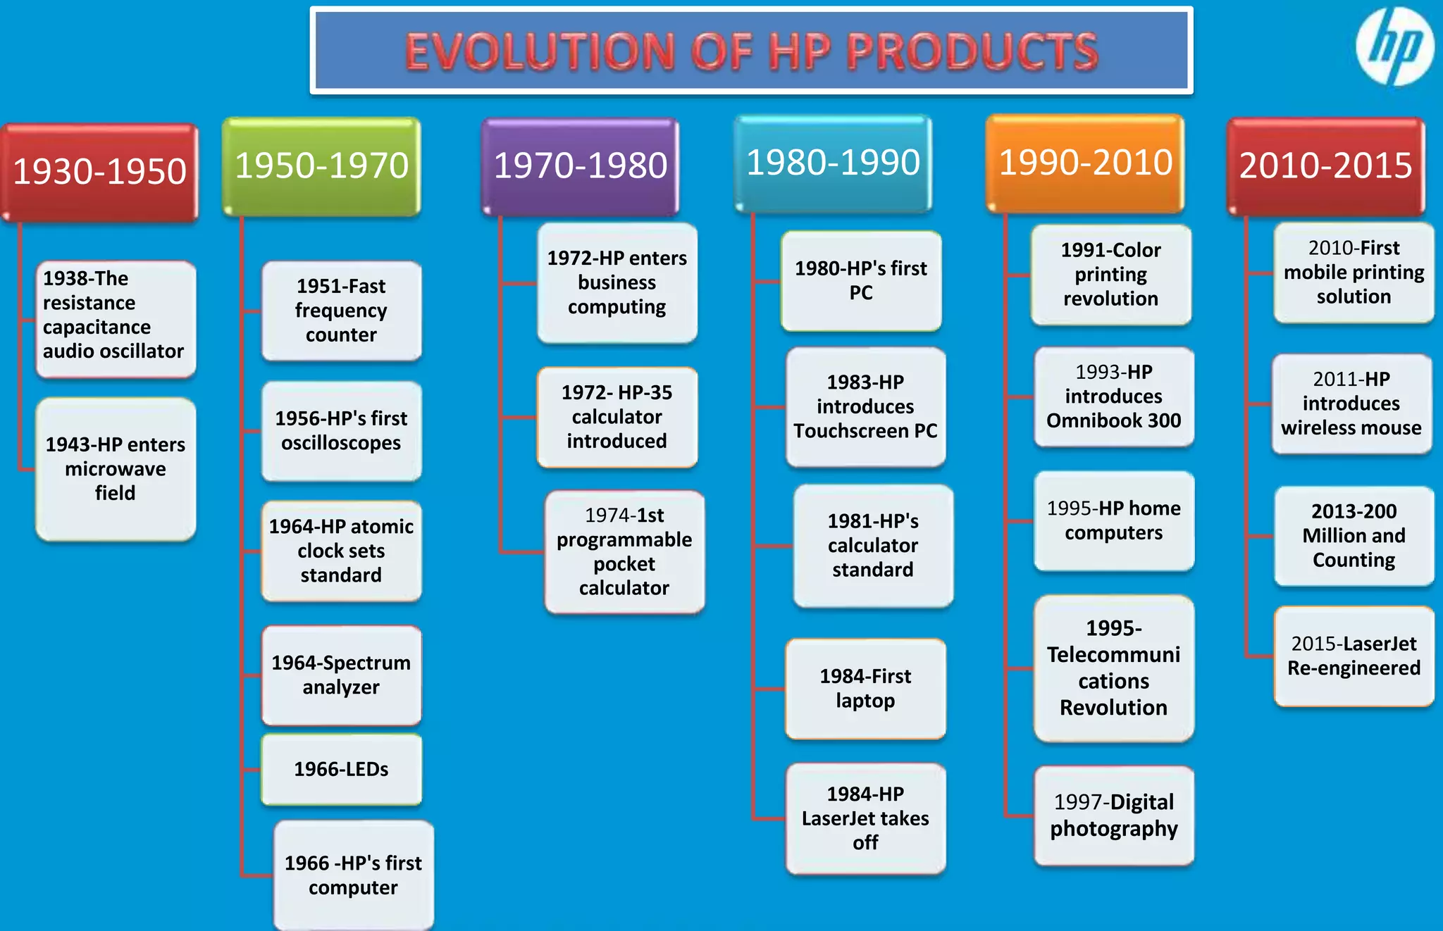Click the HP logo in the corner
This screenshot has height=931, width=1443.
(1394, 46)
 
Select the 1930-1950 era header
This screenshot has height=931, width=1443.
(100, 172)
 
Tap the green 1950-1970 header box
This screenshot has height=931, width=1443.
(321, 166)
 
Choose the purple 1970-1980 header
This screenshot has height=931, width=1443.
(580, 166)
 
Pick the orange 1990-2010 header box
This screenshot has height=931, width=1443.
(1085, 163)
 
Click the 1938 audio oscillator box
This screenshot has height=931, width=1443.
(116, 319)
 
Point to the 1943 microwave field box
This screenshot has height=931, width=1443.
(116, 469)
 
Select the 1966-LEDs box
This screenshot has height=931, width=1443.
(342, 769)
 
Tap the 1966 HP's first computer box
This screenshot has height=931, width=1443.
(353, 875)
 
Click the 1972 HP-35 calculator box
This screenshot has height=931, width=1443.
(617, 417)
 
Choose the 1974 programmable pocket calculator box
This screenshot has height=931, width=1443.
(624, 551)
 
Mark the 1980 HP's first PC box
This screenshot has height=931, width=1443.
(861, 280)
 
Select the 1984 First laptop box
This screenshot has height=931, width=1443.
(865, 689)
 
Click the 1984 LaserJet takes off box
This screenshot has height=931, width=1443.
(865, 818)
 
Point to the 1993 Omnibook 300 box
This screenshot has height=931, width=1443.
(1114, 396)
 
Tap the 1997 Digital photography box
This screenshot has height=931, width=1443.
(1114, 816)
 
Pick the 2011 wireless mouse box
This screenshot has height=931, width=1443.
(1351, 404)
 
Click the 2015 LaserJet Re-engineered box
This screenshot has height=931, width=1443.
(1354, 656)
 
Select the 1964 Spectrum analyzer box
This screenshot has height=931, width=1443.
(342, 675)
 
